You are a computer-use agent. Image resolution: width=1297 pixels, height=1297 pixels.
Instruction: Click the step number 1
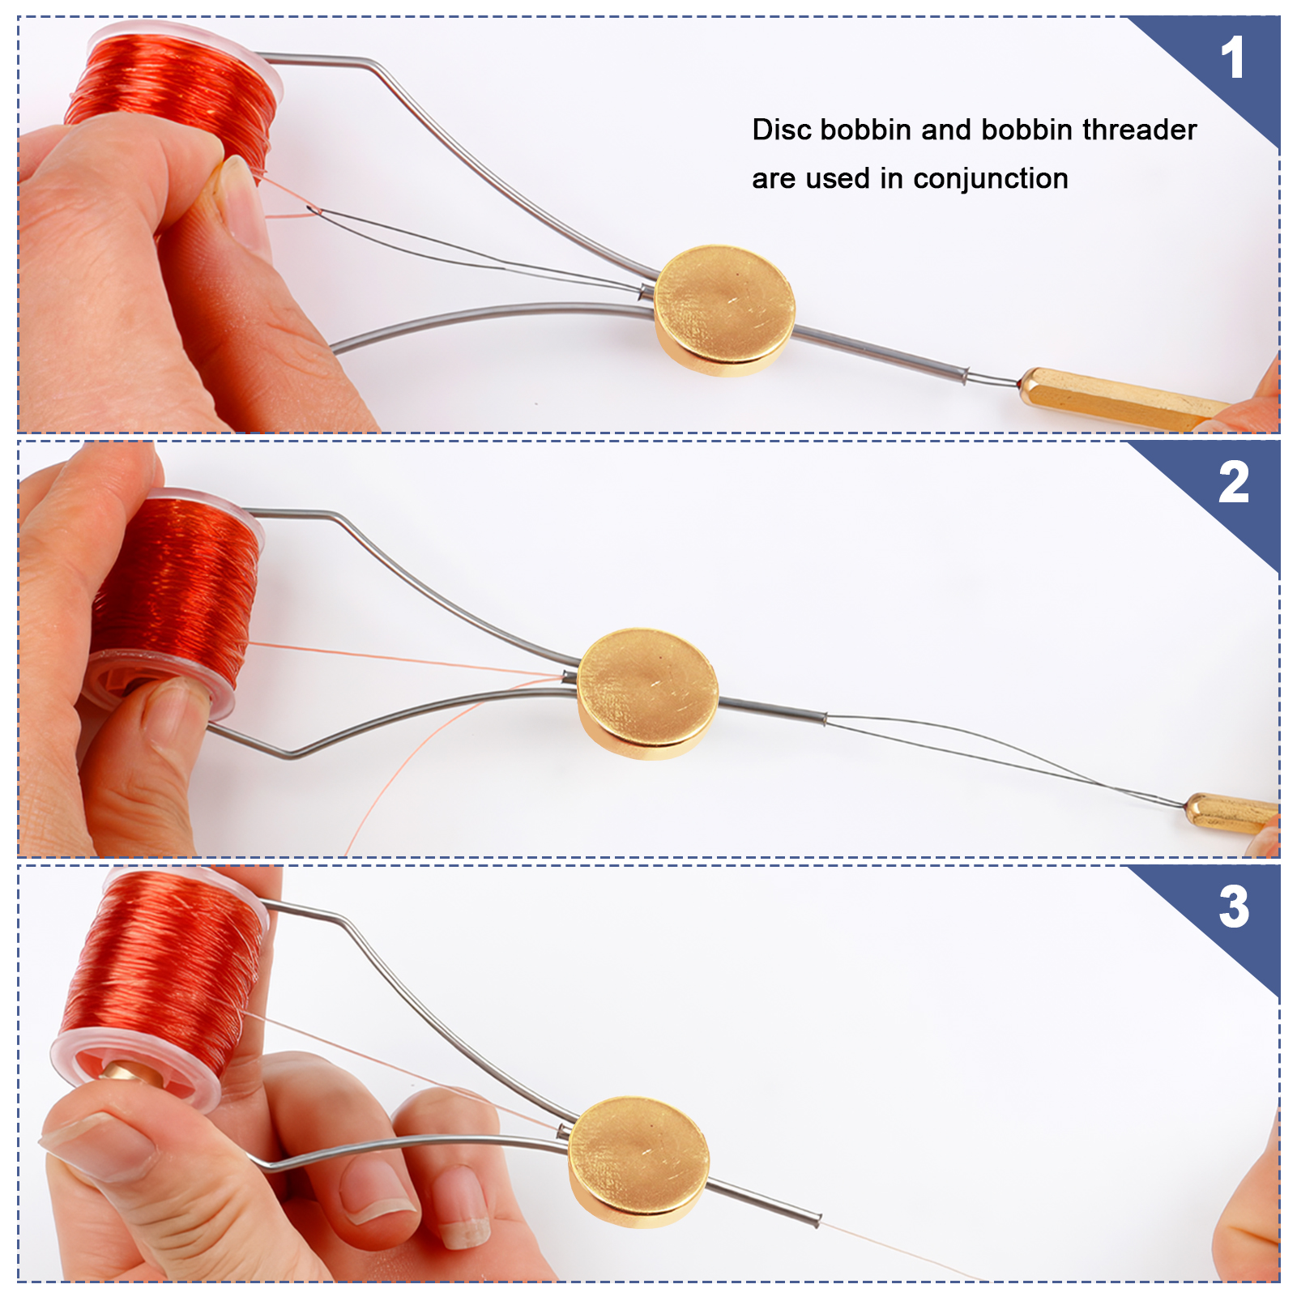(x=1232, y=58)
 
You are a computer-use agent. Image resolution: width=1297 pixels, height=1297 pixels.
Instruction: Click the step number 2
(x=1234, y=483)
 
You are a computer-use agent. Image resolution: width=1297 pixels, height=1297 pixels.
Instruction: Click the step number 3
(x=1234, y=907)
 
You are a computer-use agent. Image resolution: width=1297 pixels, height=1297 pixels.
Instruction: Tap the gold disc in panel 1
(x=724, y=311)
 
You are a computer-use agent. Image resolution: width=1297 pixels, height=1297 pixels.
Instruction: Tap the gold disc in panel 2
(x=647, y=694)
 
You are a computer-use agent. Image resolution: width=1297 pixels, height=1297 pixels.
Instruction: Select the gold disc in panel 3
(x=638, y=1162)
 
